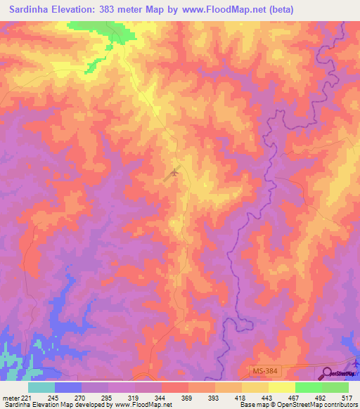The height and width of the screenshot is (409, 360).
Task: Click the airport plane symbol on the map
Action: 174,171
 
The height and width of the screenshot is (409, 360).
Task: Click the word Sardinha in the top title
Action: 32,10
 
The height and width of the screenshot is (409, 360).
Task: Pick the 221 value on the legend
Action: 25,397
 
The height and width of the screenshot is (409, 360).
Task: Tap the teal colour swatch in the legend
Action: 41,387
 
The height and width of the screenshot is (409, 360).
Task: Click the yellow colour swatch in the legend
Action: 281,387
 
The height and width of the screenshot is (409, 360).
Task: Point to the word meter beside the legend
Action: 9,397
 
